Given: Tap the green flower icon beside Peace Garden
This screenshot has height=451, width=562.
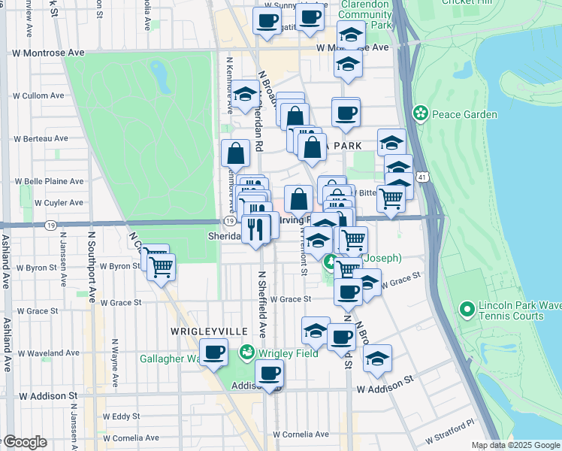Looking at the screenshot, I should [420, 114].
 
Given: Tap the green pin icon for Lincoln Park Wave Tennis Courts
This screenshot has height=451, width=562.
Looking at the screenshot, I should [467, 308].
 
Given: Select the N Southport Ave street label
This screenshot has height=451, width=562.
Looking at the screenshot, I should [92, 267].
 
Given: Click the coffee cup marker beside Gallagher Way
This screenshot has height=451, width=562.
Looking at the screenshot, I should [213, 353].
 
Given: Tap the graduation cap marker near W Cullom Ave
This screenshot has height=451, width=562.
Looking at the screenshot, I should [244, 95].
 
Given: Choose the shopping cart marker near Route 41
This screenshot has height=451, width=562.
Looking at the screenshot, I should [391, 198].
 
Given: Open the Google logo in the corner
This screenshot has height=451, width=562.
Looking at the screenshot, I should [25, 442].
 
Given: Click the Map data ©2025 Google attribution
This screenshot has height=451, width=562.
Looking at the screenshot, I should [515, 445].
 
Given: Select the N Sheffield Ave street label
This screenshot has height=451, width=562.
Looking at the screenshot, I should [262, 304].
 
